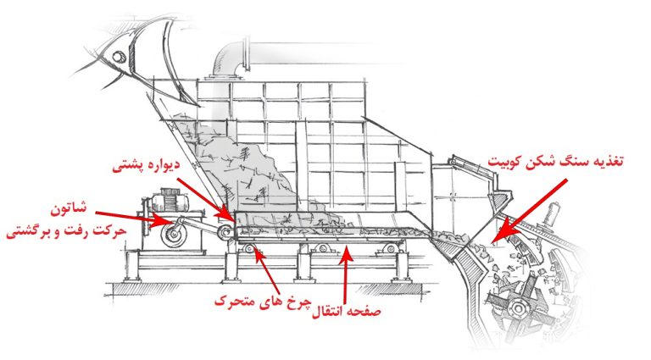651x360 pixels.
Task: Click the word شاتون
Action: [x=69, y=208]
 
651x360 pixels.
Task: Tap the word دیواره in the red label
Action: [x=163, y=163]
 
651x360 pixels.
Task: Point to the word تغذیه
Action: [x=606, y=161]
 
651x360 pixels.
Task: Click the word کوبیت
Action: [x=506, y=162]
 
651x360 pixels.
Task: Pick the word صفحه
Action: [x=365, y=311]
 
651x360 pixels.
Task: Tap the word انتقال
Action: [x=329, y=312]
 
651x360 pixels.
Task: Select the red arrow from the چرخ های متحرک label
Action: [x=267, y=269]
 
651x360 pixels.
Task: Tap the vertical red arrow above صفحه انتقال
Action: [x=346, y=273]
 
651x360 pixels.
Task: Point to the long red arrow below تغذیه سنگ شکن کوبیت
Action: [x=529, y=211]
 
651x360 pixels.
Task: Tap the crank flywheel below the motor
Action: [x=173, y=235]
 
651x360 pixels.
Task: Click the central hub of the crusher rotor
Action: [x=518, y=308]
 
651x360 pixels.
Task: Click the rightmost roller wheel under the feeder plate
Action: [x=391, y=248]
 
